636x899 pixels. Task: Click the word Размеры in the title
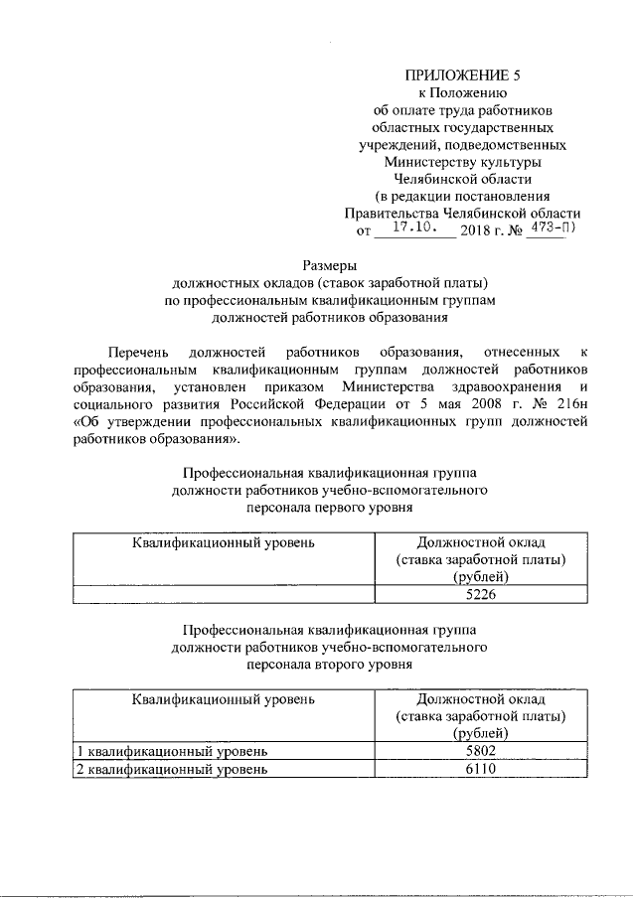pyautogui.click(x=329, y=265)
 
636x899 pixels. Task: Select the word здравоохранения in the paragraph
pyautogui.click(x=517, y=387)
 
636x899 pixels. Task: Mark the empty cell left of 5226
pyautogui.click(x=225, y=595)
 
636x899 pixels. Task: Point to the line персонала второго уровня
pyautogui.click(x=329, y=666)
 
